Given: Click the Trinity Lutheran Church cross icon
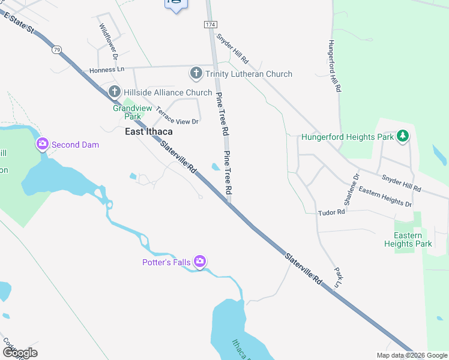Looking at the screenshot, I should coord(196,74).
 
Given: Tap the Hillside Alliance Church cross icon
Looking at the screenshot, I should coord(115,92).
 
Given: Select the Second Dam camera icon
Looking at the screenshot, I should coord(43,144).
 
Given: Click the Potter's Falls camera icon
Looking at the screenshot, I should coord(200,262).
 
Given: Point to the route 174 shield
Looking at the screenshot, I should coord(209,24).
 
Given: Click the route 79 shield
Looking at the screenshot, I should coord(56,49).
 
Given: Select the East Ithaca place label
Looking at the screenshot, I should coord(148,132).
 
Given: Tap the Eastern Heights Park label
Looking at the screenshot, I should coord(412,239).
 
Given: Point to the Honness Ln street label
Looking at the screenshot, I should coord(106,70).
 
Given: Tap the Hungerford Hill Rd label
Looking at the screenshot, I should coord(334,66).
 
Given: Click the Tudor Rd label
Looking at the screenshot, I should coord(331,212).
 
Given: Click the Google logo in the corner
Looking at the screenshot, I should coord(20,353).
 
